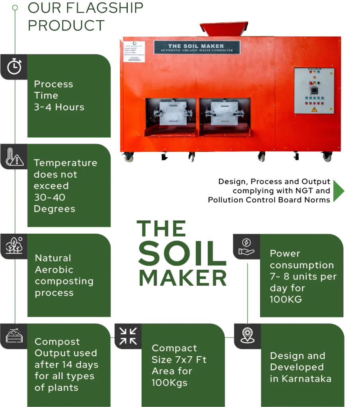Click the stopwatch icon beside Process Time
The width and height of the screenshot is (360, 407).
click(14, 66)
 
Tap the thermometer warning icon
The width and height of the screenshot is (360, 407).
click(14, 157)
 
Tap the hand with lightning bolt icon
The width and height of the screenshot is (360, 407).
click(246, 246)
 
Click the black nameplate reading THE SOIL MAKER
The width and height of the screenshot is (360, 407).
click(197, 48)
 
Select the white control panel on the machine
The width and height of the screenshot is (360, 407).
click(313, 91)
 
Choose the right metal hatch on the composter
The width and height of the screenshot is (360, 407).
click(224, 112)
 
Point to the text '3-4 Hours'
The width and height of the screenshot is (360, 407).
click(59, 107)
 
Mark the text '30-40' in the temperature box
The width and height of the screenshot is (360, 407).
click(49, 197)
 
